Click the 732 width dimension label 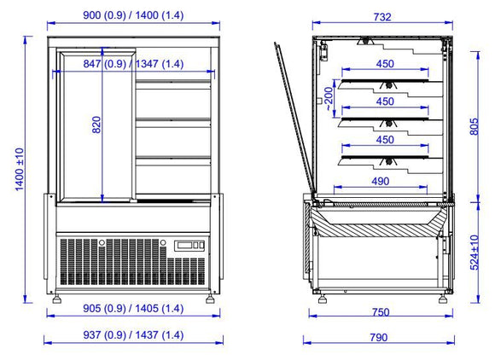(x=382, y=17)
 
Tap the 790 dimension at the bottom (x=379, y=338)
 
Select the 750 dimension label (x=381, y=312)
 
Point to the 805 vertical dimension (x=475, y=126)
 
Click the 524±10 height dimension (x=475, y=253)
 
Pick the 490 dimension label (x=381, y=181)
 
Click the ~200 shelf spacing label (x=329, y=99)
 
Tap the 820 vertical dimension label (x=96, y=125)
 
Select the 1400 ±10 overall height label (x=20, y=170)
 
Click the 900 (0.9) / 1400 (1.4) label (x=133, y=15)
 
